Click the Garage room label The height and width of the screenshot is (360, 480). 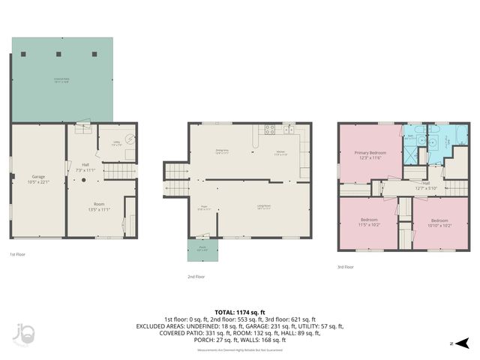[x=38, y=159]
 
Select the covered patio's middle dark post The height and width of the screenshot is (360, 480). [x=58, y=55]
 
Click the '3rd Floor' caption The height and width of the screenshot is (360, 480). [x=346, y=266]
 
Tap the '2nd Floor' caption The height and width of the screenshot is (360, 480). [x=196, y=277]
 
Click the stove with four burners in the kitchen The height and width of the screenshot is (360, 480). [x=270, y=129]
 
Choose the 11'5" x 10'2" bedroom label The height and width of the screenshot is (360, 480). [x=368, y=223]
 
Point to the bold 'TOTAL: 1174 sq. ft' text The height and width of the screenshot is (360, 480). [x=240, y=312]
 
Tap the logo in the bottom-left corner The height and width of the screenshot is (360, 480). [x=22, y=334]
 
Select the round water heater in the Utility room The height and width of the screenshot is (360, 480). [x=129, y=138]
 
